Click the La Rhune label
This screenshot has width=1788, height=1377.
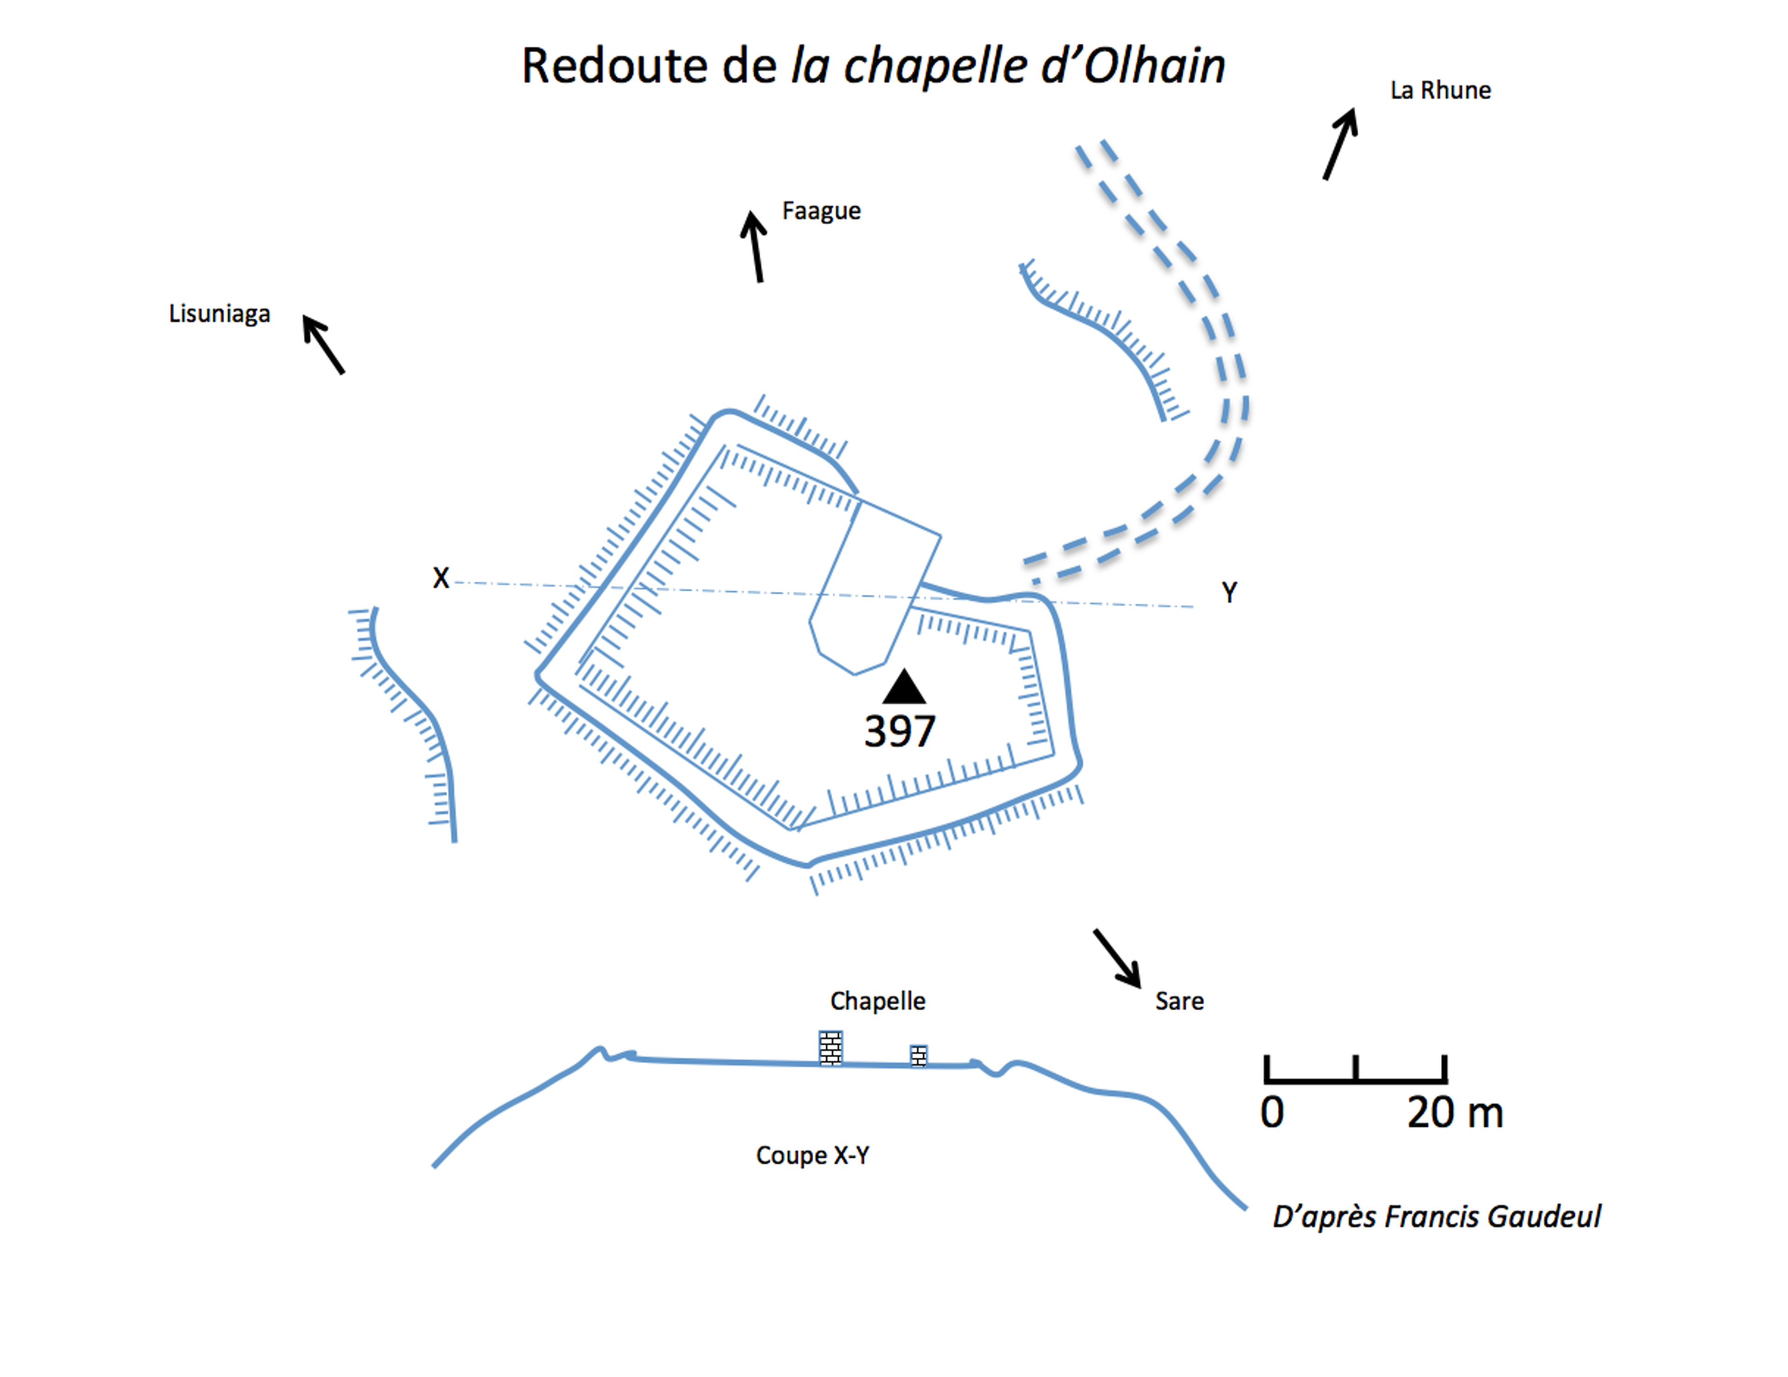(x=1440, y=90)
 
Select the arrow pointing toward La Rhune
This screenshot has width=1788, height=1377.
(x=1340, y=144)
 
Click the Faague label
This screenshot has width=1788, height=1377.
(x=821, y=211)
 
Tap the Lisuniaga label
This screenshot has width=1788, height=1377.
(x=219, y=313)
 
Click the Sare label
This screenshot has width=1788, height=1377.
(x=1179, y=1001)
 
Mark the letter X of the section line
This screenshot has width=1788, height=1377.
(x=441, y=578)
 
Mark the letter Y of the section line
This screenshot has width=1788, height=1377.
(x=1229, y=592)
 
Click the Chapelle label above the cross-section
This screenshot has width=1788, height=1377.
(x=878, y=1000)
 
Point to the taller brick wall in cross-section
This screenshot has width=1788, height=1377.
(x=831, y=1048)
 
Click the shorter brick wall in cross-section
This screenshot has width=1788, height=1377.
(x=919, y=1055)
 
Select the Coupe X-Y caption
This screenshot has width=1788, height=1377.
(x=812, y=1156)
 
